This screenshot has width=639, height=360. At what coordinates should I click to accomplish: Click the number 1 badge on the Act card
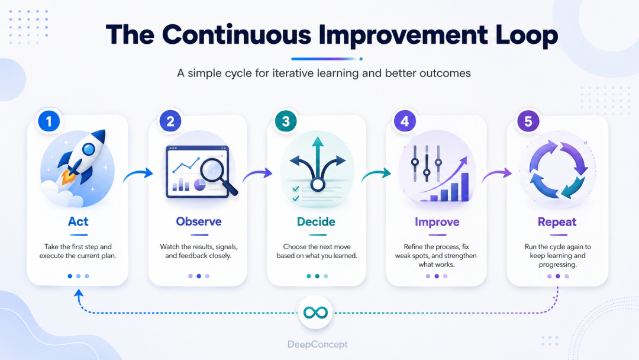click(x=49, y=121)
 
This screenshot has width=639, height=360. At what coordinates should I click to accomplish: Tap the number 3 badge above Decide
click(x=286, y=121)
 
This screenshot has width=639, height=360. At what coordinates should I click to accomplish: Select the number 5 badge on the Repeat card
click(x=528, y=121)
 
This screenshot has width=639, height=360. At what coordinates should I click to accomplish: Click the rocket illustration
click(x=83, y=156)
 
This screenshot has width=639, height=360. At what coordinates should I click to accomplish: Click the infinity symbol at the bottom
click(x=315, y=313)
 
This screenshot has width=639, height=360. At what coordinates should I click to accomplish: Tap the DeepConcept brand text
click(x=318, y=345)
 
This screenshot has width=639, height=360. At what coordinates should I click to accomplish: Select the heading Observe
click(x=199, y=221)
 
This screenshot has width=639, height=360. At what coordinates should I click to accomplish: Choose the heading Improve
click(x=437, y=222)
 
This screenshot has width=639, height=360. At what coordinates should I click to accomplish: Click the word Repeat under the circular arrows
click(x=557, y=222)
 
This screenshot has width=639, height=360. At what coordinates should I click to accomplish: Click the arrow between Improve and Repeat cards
click(x=497, y=175)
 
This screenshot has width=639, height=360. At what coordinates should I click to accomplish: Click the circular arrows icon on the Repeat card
click(x=559, y=169)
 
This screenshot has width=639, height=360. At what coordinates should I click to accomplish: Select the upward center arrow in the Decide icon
click(x=318, y=157)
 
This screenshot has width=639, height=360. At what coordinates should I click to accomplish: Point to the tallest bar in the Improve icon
click(x=464, y=187)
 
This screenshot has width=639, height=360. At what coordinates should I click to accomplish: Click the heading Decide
click(x=316, y=222)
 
